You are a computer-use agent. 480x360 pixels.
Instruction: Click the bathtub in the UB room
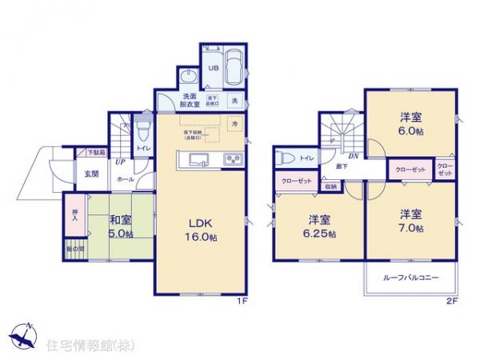click(234, 66)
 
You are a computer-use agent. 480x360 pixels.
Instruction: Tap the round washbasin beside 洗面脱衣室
click(188, 76)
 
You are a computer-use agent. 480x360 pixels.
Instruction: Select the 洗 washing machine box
click(235, 101)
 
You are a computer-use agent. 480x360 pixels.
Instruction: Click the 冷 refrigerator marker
click(234, 124)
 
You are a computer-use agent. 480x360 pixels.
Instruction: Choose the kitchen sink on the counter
click(200, 158)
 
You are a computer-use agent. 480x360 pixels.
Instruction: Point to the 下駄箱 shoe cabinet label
click(94, 152)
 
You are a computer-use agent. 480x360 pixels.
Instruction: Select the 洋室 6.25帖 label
click(318, 226)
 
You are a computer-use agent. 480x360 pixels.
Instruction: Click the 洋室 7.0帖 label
click(410, 222)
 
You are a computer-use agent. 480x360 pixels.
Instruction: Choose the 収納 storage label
click(330, 186)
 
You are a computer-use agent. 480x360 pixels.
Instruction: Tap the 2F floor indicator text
click(452, 302)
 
